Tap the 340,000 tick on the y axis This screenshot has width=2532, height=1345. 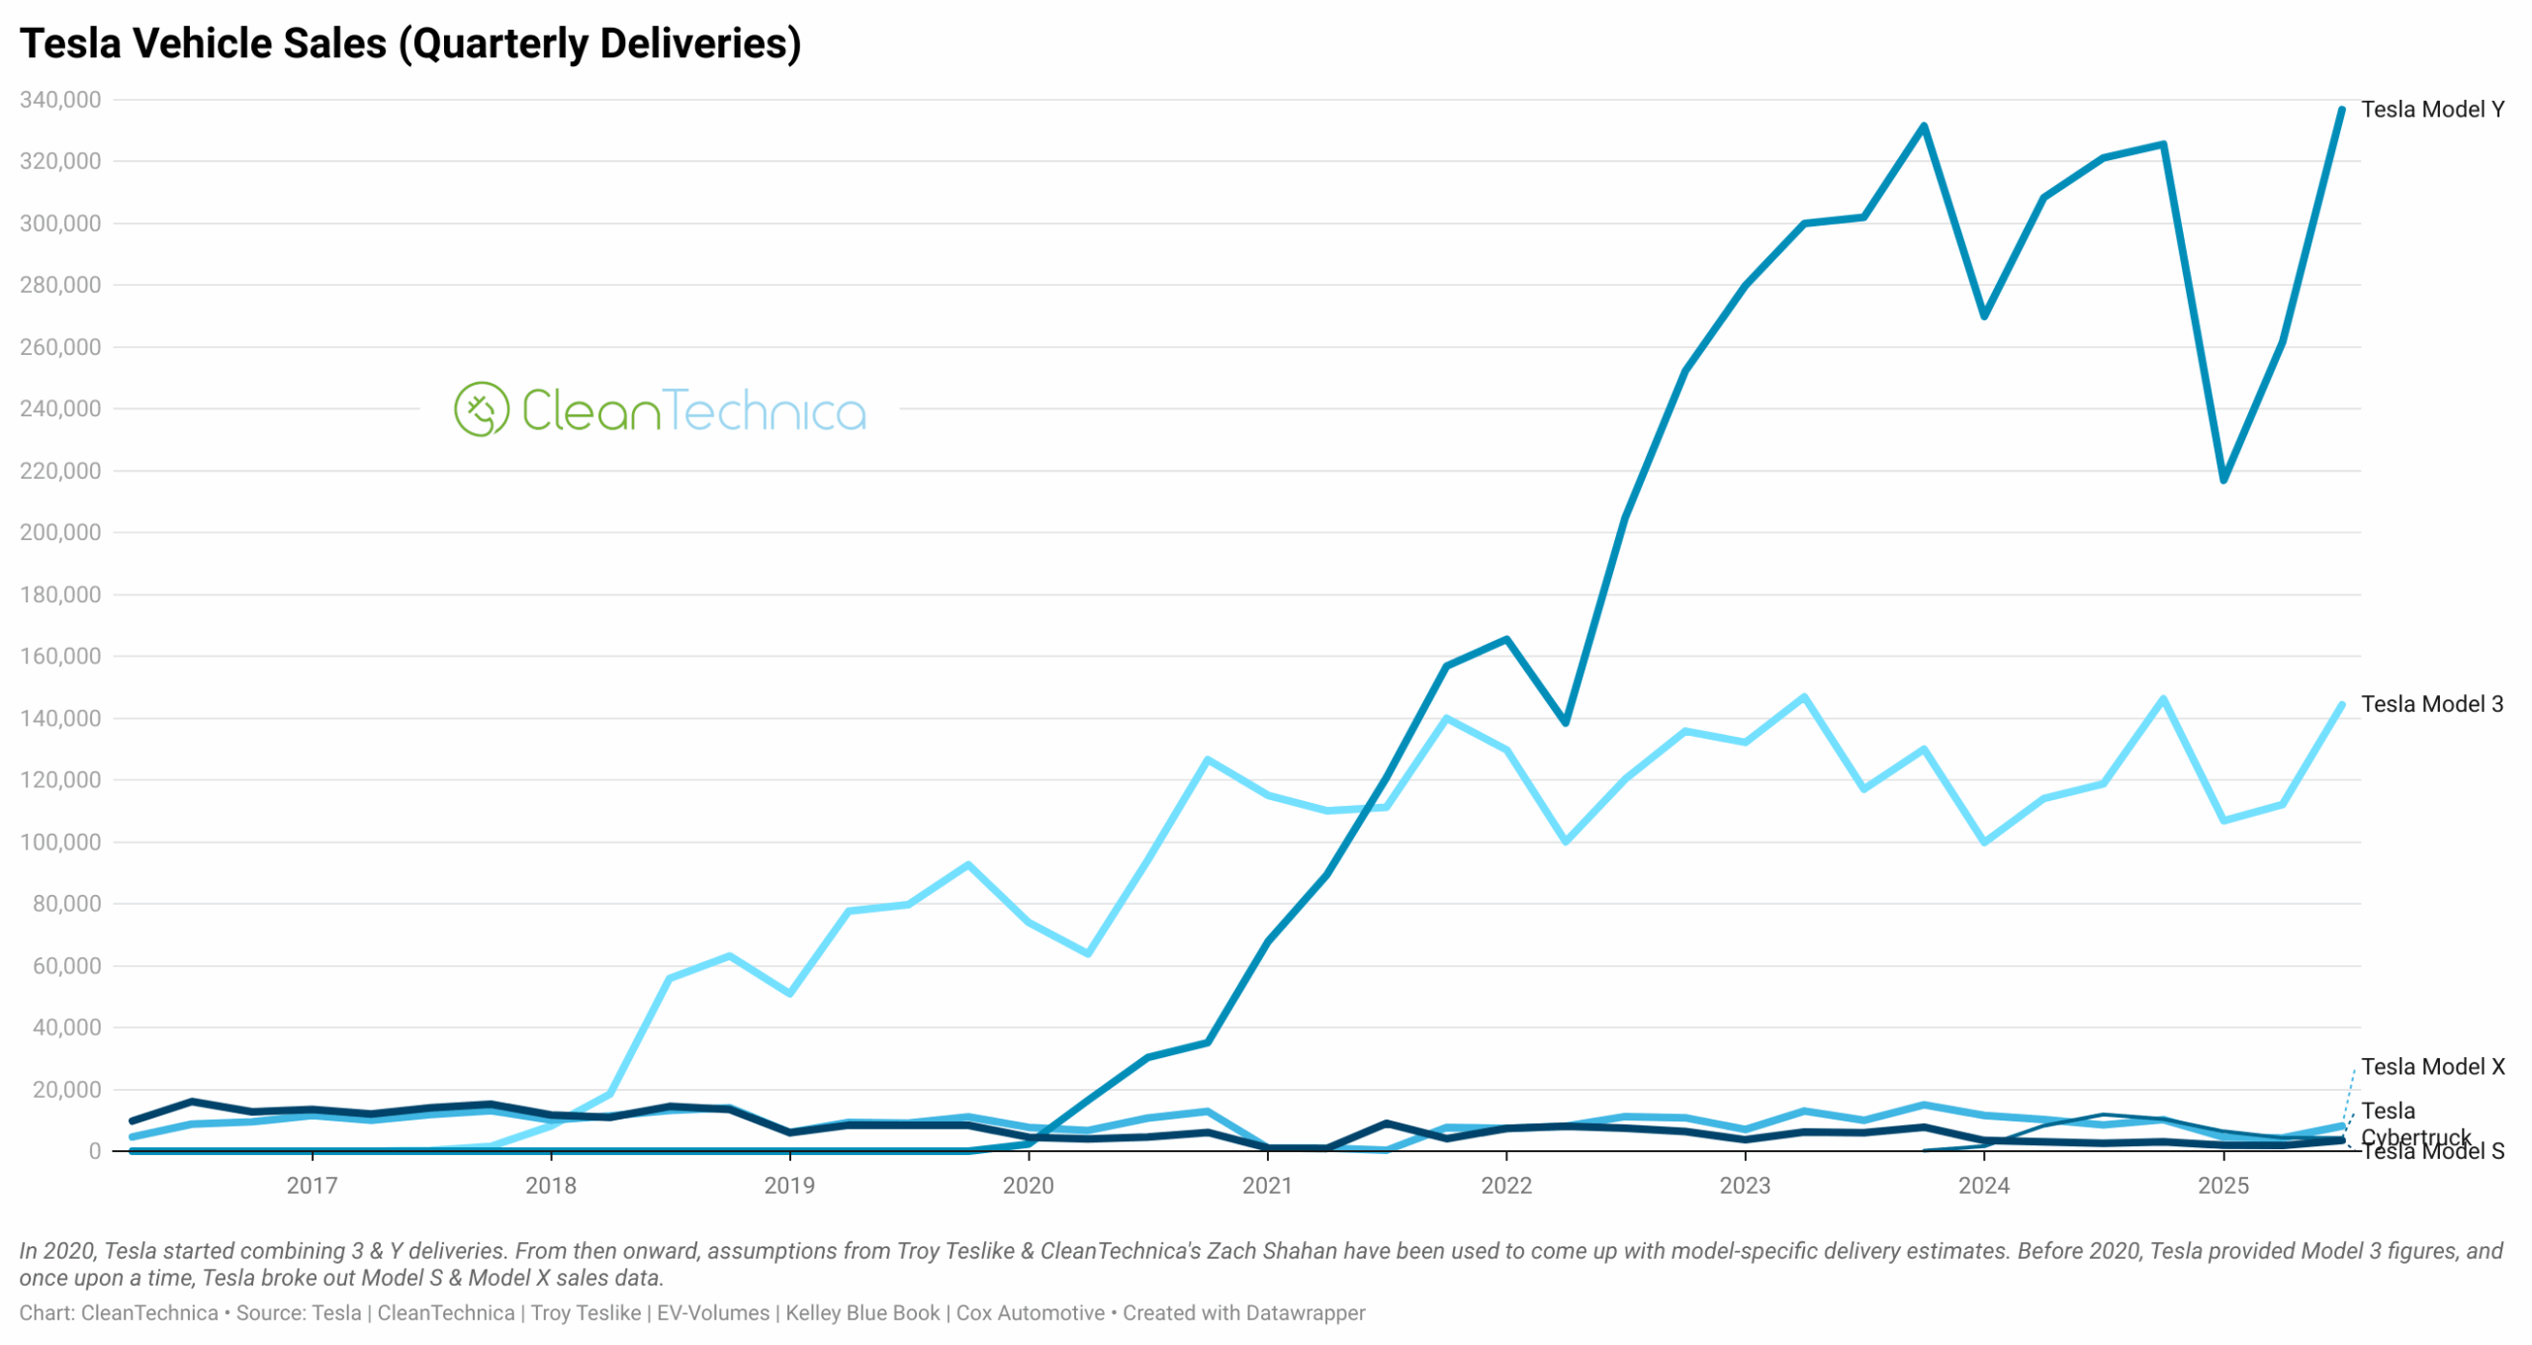pyautogui.click(x=60, y=100)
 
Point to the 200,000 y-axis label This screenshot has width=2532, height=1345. pyautogui.click(x=60, y=532)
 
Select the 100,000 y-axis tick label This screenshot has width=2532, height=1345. pyautogui.click(x=60, y=842)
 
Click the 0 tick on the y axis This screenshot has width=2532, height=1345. pyautogui.click(x=94, y=1151)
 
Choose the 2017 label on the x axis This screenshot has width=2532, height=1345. pyautogui.click(x=312, y=1185)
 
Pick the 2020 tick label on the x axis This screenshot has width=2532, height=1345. pyautogui.click(x=1028, y=1185)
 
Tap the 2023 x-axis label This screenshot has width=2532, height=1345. pyautogui.click(x=1744, y=1185)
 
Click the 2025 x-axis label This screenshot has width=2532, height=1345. pyautogui.click(x=2222, y=1185)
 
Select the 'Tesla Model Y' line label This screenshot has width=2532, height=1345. pyautogui.click(x=2432, y=110)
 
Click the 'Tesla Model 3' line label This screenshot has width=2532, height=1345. pyautogui.click(x=2431, y=704)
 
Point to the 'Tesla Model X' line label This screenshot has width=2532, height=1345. pyautogui.click(x=2432, y=1067)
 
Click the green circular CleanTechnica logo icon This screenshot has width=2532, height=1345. pyautogui.click(x=482, y=409)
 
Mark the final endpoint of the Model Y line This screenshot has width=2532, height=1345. pyautogui.click(x=2341, y=110)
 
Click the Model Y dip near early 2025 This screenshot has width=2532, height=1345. pyautogui.click(x=2223, y=480)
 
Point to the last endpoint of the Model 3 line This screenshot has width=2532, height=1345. pyautogui.click(x=2341, y=705)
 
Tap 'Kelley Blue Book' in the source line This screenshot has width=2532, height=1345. pyautogui.click(x=861, y=1313)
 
